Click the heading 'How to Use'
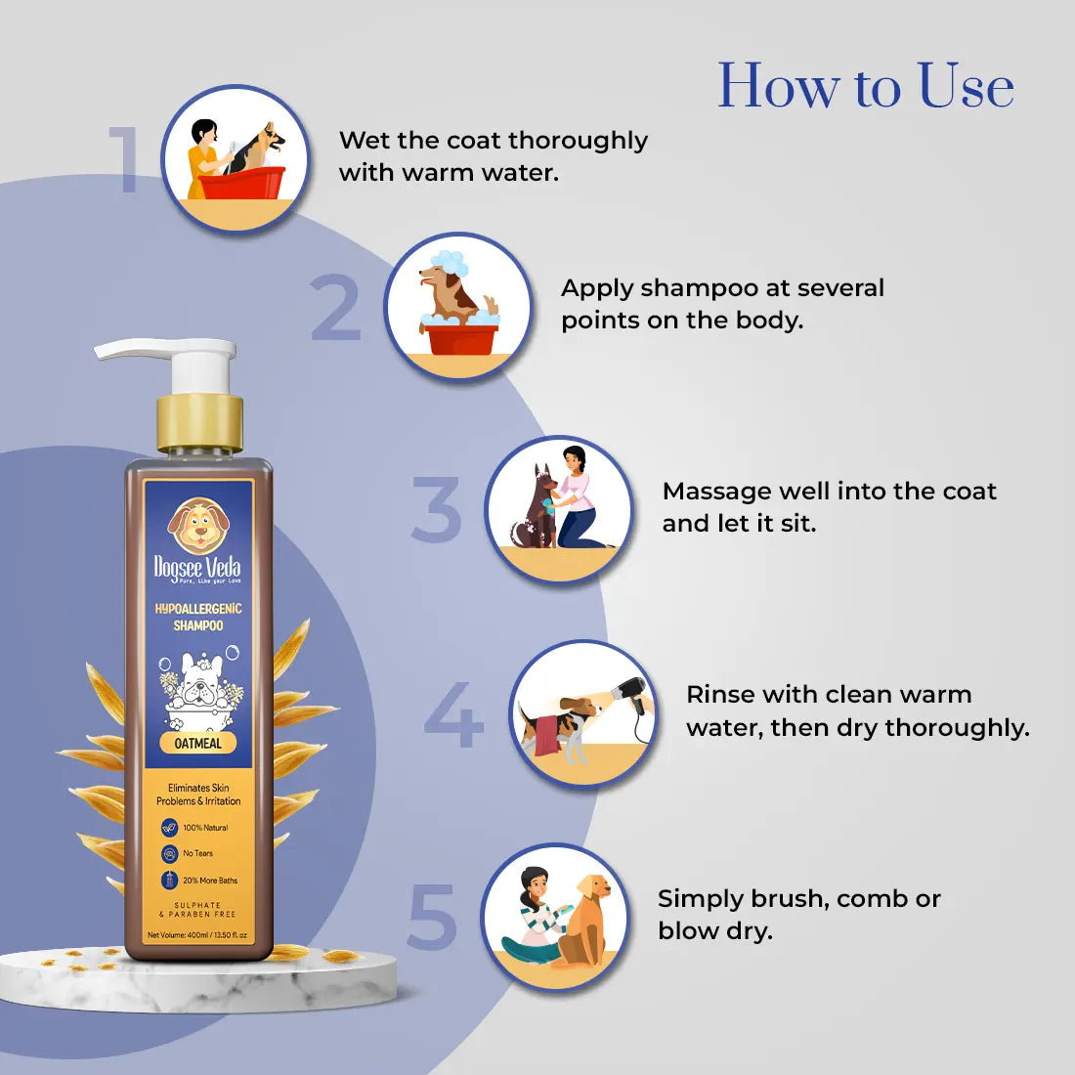coord(865,87)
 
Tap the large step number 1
coord(125,159)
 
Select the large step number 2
coord(336,309)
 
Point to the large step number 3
coord(436,510)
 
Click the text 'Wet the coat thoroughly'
coord(493,141)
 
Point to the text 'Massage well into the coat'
coord(829,491)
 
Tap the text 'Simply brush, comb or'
coord(798,898)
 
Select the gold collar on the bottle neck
coord(199,421)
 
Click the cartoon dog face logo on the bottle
coord(197,526)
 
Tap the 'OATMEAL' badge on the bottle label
coord(197,743)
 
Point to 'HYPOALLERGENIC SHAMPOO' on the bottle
coord(198,617)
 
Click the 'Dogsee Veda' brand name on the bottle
coord(197,567)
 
